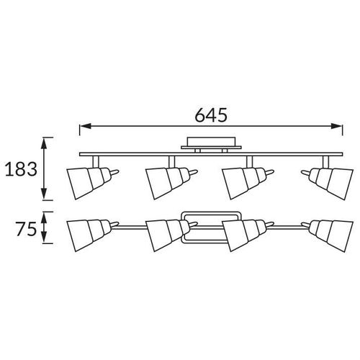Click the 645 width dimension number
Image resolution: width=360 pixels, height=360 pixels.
tap(211, 115)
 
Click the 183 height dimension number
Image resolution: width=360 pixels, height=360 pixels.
tap(21, 169)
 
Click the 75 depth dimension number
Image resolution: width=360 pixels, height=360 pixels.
tap(27, 228)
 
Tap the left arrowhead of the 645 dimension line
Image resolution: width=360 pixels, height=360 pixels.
tap(86, 126)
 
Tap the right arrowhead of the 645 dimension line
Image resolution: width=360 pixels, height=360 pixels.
tap(336, 126)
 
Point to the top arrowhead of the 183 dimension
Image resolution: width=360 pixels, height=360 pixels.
tap(44, 143)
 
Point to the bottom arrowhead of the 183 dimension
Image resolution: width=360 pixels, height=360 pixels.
tap(44, 194)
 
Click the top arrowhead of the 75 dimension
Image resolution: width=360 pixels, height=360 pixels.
tap(44, 217)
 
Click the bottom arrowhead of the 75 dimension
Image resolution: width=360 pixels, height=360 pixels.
tap(44, 238)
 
